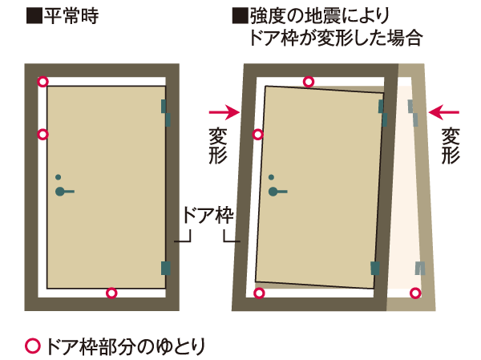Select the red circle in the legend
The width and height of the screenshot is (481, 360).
pos(33,346)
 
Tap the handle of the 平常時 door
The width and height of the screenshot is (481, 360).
pos(64,192)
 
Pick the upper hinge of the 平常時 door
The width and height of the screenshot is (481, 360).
pos(165,112)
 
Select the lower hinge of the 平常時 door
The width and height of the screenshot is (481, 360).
pos(166,268)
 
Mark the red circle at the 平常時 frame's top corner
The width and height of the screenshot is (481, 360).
pos(43,82)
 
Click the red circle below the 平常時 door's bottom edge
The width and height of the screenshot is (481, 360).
pos(111,293)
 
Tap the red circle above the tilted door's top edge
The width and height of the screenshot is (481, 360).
pos(309,81)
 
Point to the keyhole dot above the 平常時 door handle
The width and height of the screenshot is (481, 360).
pos(58,177)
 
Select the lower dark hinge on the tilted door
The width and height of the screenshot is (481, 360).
pos(373,268)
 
